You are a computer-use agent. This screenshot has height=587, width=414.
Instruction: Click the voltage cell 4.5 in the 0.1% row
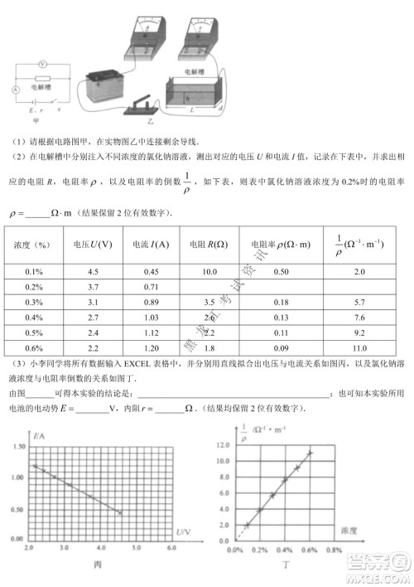tap(93, 272)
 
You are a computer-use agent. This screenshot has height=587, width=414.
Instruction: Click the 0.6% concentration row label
tap(34, 347)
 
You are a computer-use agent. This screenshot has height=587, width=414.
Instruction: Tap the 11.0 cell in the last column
tap(359, 347)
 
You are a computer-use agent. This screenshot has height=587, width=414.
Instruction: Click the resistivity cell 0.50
tap(282, 272)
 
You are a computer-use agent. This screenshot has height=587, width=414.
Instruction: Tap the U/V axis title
tap(184, 531)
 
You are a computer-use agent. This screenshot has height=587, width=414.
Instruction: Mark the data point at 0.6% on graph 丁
tap(310, 453)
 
